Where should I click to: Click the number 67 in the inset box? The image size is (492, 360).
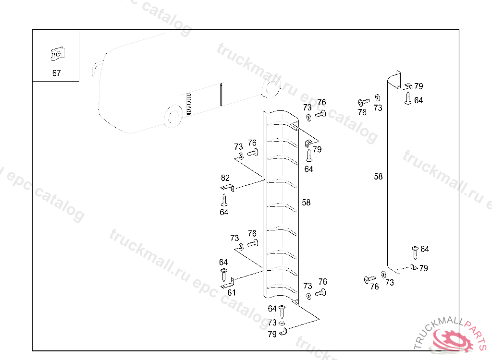tap(57, 73)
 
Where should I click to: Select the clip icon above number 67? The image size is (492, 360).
tap(58, 54)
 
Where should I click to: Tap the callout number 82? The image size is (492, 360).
tap(225, 178)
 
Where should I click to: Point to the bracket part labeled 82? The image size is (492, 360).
tap(227, 188)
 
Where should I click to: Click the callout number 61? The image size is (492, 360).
tap(232, 293)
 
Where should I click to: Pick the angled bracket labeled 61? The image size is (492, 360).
tap(228, 283)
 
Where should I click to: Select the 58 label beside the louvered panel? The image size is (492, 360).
tap(306, 203)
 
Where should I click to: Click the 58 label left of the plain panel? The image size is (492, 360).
tap(379, 177)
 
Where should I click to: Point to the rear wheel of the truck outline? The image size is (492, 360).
tap(271, 86)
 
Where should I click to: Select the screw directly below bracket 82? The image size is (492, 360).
tap(224, 200)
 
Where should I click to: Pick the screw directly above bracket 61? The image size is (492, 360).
tap(224, 275)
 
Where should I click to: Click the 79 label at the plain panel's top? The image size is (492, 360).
tap(418, 86)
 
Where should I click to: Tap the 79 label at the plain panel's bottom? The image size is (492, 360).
tap(424, 268)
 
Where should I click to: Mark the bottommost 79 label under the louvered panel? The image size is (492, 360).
tap(272, 334)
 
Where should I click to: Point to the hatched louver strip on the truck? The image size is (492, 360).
tap(188, 105)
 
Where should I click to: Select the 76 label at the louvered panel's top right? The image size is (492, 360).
tap(321, 102)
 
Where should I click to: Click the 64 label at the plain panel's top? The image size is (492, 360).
tap(418, 100)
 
